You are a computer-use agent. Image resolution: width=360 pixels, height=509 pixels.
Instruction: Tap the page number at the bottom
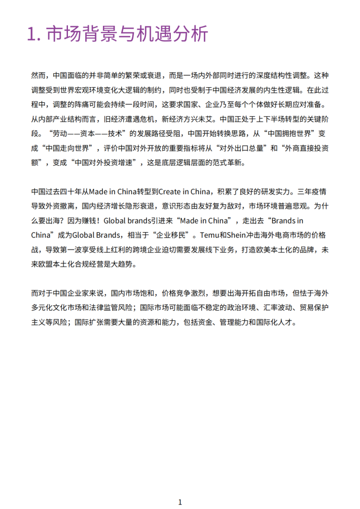click(x=180, y=502)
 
